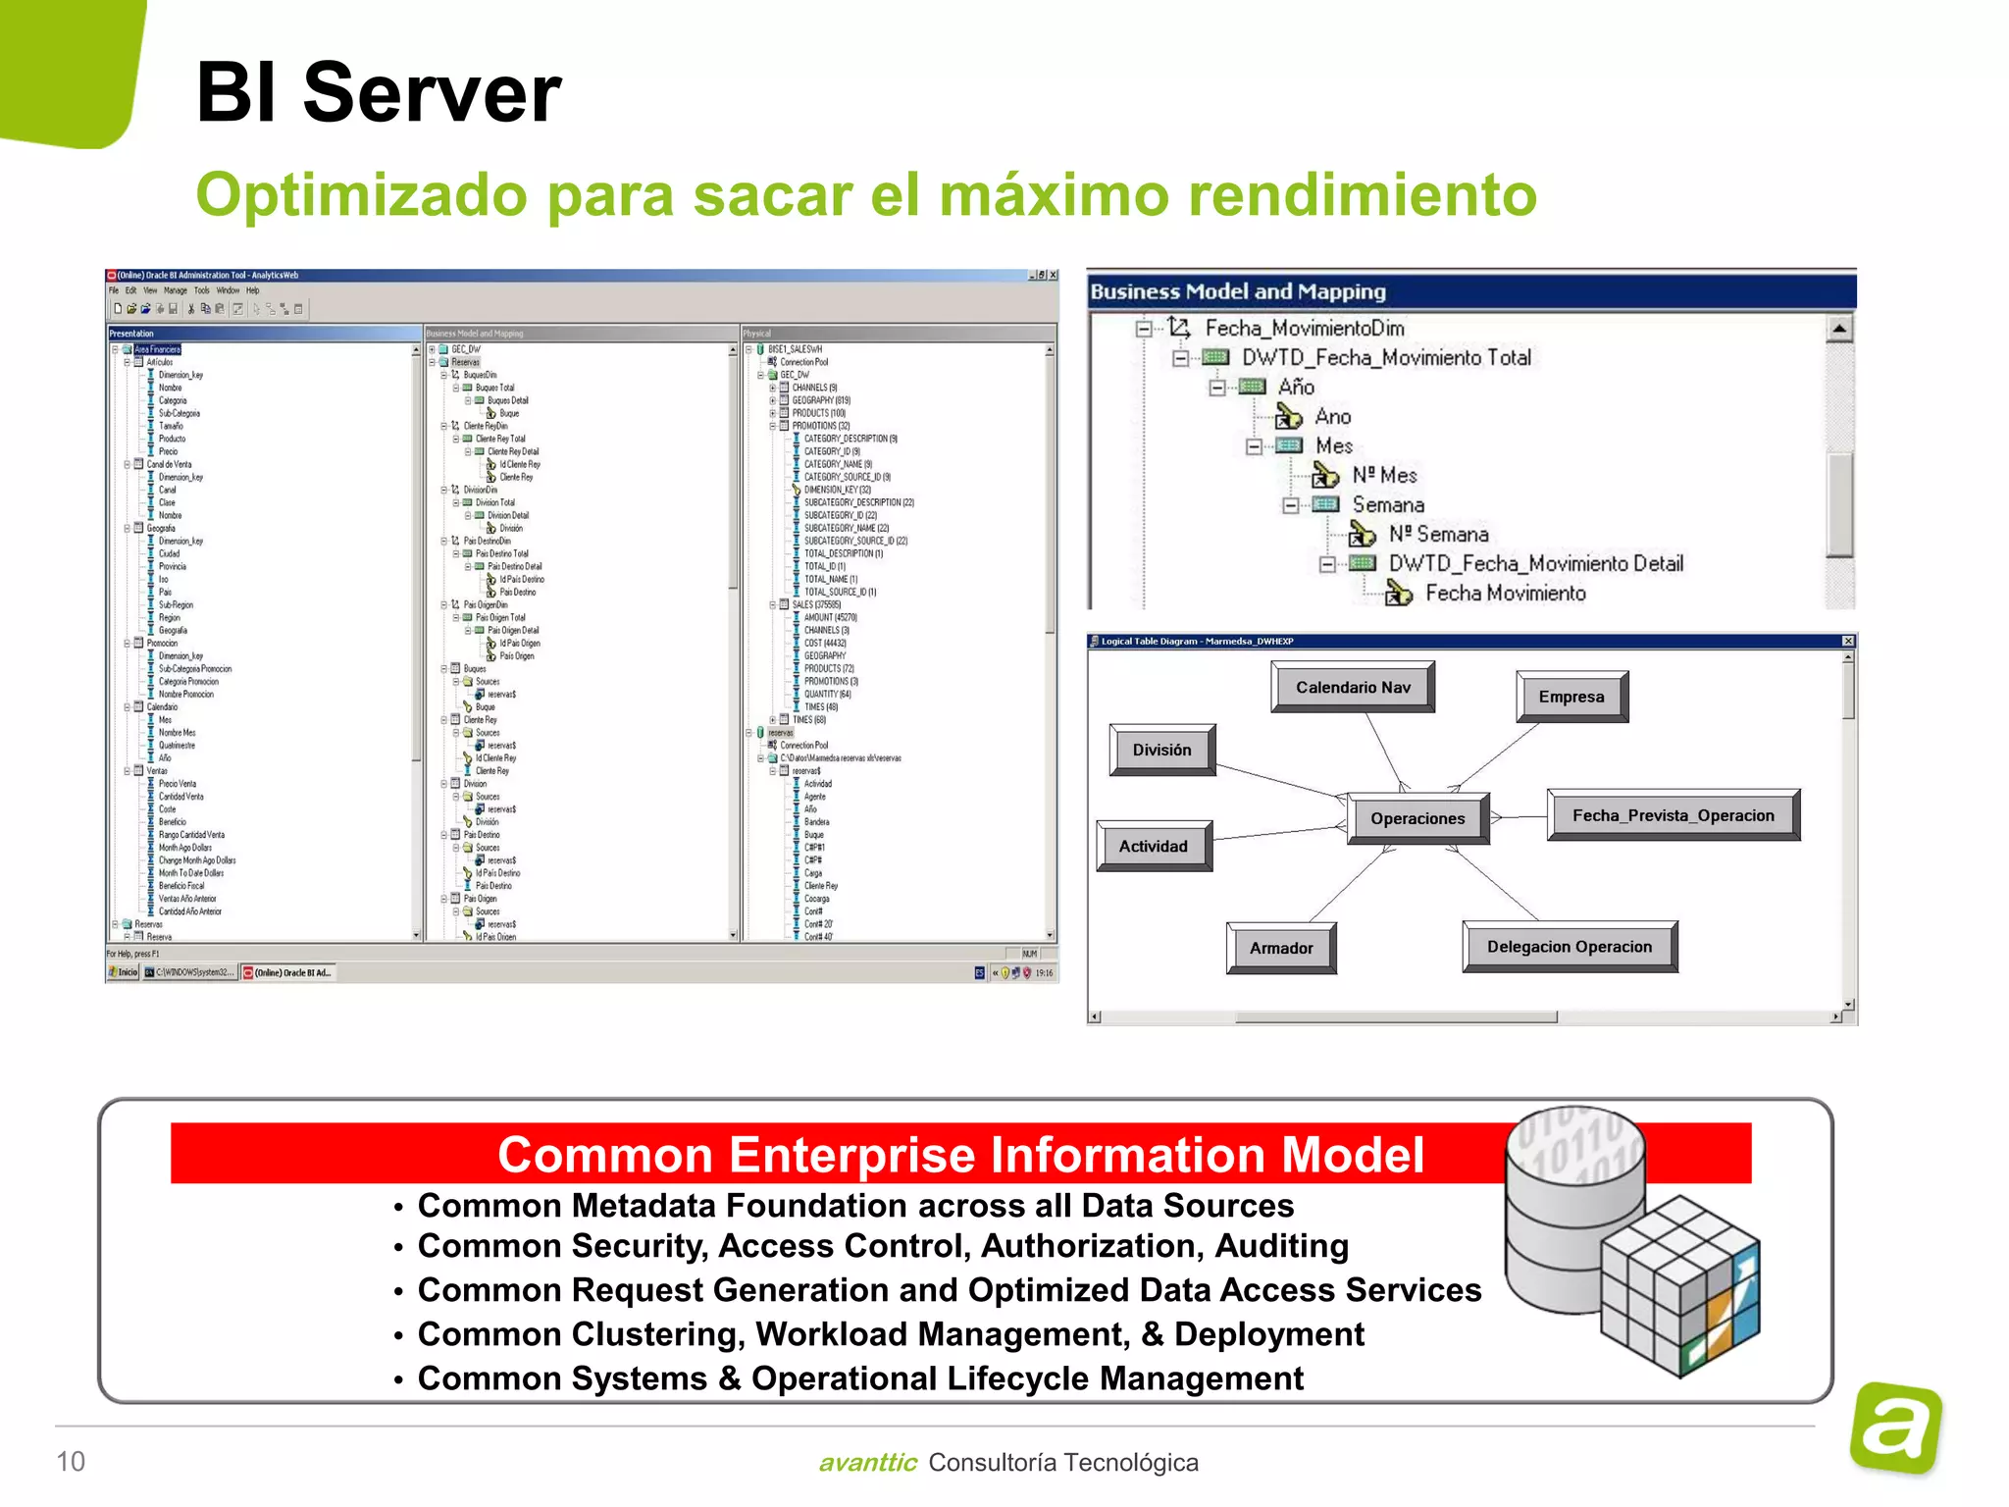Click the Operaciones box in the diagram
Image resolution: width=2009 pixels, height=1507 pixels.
click(x=1417, y=818)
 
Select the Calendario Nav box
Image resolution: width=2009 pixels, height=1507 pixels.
click(x=1352, y=687)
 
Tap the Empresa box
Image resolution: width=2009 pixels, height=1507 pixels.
click(x=1571, y=697)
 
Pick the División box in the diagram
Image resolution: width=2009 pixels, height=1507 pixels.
click(x=1161, y=750)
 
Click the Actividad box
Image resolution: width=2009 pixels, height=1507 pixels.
click(x=1153, y=846)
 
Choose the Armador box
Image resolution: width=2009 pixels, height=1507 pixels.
click(x=1280, y=948)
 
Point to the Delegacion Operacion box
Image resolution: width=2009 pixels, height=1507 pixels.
click(x=1569, y=947)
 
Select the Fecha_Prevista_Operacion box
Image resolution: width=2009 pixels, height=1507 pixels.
click(x=1673, y=815)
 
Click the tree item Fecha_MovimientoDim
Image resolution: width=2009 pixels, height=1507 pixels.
click(x=1304, y=328)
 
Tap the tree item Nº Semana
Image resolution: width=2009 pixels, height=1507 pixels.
click(x=1437, y=535)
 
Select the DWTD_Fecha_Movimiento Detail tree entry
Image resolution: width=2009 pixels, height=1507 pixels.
click(x=1535, y=563)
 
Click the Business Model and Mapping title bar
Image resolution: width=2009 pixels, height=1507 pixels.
click(x=1471, y=291)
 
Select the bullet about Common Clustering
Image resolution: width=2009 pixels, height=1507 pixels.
click(x=890, y=1334)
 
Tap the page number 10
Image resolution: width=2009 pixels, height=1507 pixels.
click(x=71, y=1461)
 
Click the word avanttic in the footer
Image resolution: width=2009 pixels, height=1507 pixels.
click(x=867, y=1463)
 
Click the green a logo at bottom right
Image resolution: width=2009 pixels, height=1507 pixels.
click(x=1896, y=1428)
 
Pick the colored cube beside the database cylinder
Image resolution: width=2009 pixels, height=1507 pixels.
click(x=1679, y=1285)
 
